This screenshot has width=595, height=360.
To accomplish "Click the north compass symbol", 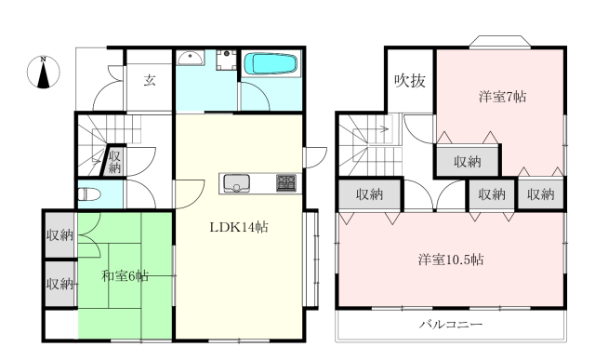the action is pyautogui.click(x=44, y=73).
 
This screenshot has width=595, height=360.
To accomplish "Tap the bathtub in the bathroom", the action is pyautogui.click(x=271, y=64).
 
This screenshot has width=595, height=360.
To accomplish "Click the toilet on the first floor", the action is pyautogui.click(x=89, y=194).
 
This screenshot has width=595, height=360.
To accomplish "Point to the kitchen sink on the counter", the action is pyautogui.click(x=236, y=183).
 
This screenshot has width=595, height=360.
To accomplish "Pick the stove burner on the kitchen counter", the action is pyautogui.click(x=286, y=182).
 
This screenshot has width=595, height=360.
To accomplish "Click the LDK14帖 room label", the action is pyautogui.click(x=239, y=227).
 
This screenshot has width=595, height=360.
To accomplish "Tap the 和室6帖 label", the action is pyautogui.click(x=125, y=276).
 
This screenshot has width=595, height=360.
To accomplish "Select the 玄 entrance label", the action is pyautogui.click(x=150, y=80).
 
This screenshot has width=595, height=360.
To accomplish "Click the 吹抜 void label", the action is pyautogui.click(x=410, y=81).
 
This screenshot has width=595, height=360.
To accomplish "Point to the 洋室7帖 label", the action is pyautogui.click(x=502, y=97).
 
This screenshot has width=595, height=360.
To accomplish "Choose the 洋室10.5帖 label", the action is pyautogui.click(x=451, y=260).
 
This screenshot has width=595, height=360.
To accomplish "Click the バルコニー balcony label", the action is pyautogui.click(x=451, y=325).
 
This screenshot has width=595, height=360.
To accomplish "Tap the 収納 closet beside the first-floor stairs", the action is pyautogui.click(x=113, y=161).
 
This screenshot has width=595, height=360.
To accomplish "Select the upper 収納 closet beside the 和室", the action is pyautogui.click(x=59, y=235).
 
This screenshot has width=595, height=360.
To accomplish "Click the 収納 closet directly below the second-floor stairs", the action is pyautogui.click(x=370, y=194).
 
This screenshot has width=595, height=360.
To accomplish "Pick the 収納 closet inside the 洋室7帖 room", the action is pyautogui.click(x=468, y=162).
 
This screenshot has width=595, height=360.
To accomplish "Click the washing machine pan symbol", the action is pyautogui.click(x=227, y=60).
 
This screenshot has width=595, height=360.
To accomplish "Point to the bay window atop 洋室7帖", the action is pyautogui.click(x=500, y=42).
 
